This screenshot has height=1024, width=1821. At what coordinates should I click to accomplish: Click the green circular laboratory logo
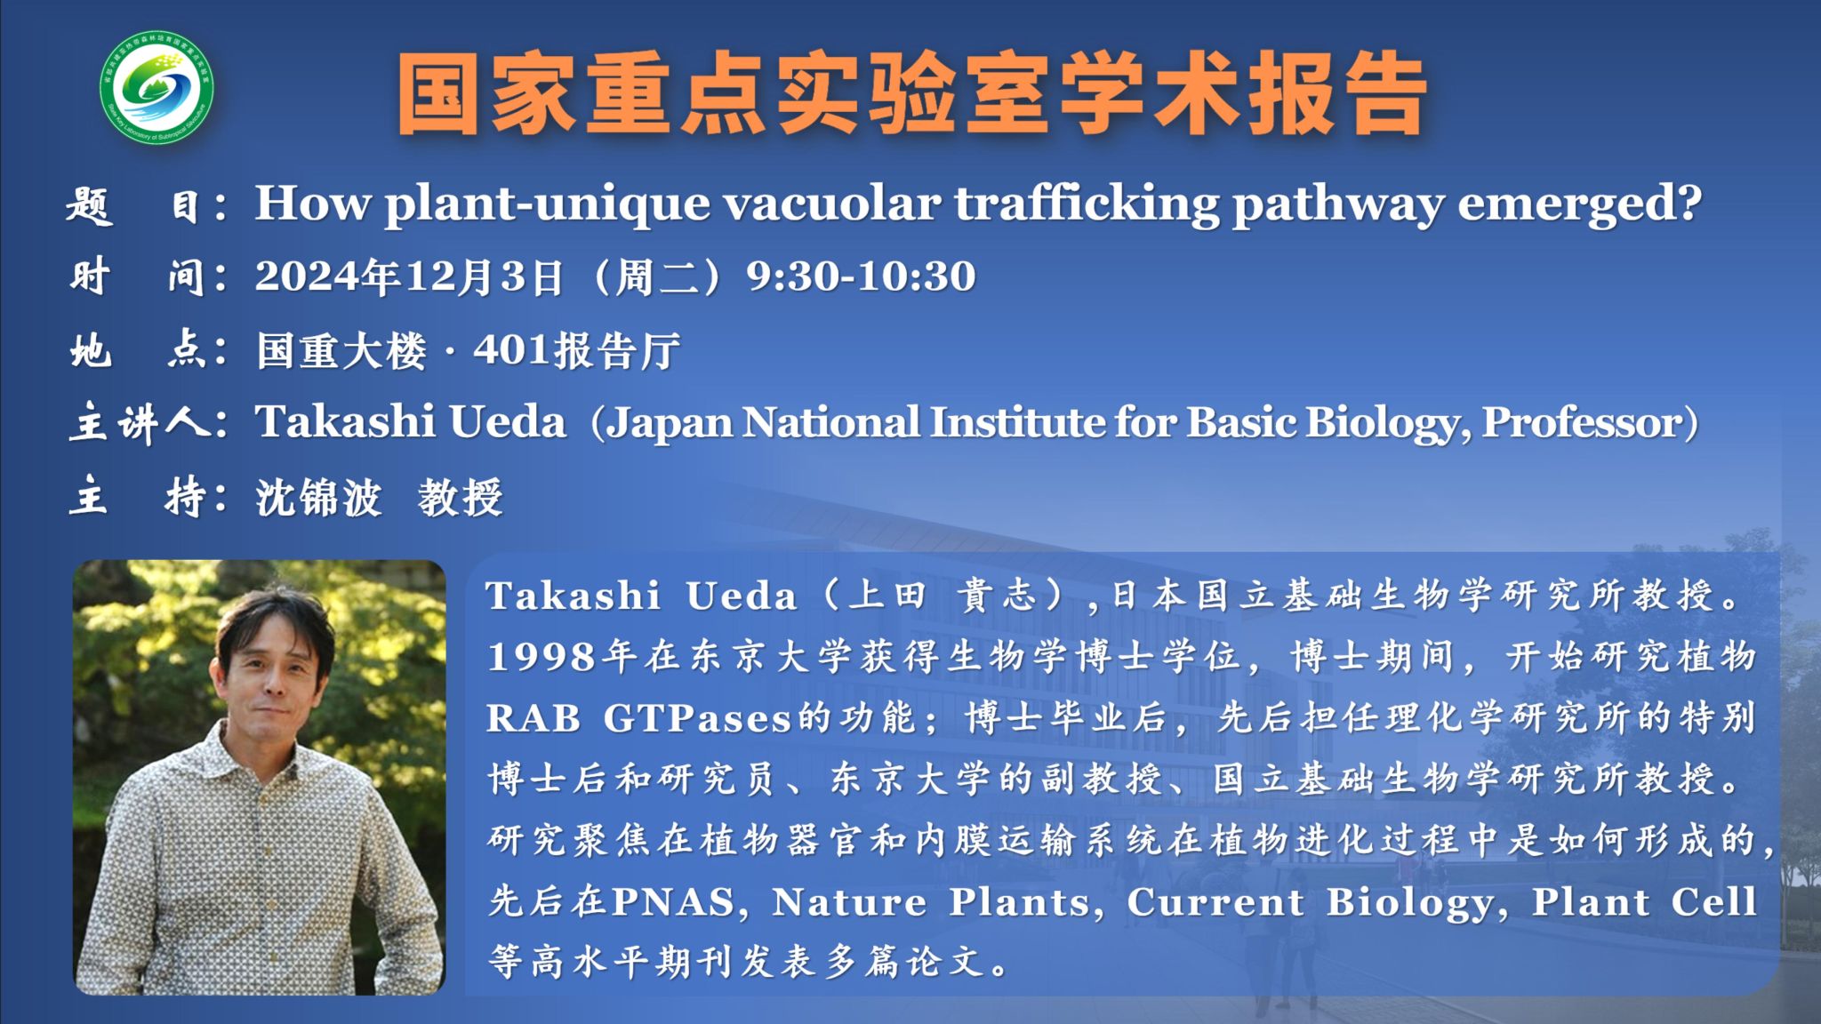click(x=156, y=88)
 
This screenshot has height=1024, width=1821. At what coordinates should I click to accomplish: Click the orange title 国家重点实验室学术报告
click(x=912, y=94)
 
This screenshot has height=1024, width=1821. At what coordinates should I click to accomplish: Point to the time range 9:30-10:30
click(x=861, y=276)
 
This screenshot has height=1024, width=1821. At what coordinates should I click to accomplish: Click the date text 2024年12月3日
click(x=410, y=276)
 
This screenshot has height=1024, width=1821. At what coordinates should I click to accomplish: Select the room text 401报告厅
click(x=577, y=350)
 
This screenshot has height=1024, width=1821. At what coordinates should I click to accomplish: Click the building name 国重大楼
click(x=341, y=350)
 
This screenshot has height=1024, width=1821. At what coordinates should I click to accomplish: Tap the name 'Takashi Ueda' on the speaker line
click(x=411, y=421)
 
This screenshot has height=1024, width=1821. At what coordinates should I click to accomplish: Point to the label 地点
click(x=148, y=350)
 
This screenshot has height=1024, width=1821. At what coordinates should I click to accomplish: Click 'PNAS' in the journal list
click(x=673, y=902)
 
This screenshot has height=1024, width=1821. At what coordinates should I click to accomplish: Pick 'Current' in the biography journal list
click(x=1215, y=902)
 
